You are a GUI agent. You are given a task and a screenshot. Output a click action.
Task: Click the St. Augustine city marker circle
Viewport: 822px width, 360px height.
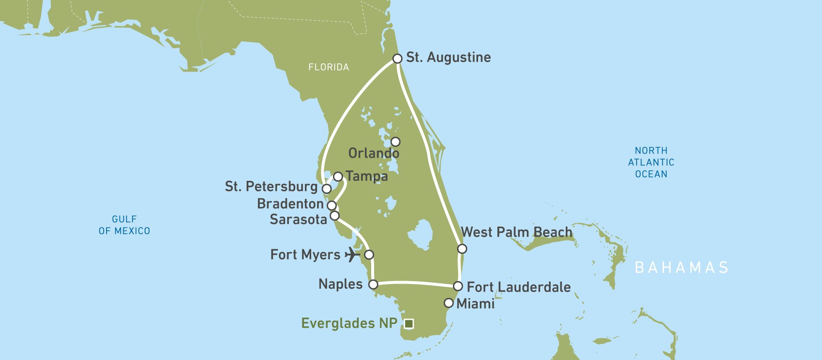[397, 58]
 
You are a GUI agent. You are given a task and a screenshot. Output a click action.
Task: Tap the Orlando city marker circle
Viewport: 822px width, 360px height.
[395, 142]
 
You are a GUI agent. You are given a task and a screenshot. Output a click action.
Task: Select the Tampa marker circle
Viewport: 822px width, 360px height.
[338, 176]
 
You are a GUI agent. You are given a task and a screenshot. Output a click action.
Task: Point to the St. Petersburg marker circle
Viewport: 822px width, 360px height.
[326, 189]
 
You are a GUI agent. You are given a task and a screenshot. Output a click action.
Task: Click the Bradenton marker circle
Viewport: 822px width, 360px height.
[332, 206]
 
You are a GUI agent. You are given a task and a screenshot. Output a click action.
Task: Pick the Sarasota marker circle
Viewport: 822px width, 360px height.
[335, 216]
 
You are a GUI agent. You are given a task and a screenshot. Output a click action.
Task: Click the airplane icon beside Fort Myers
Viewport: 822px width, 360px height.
[352, 254]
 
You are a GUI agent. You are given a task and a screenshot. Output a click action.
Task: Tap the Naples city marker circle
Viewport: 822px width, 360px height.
[373, 284]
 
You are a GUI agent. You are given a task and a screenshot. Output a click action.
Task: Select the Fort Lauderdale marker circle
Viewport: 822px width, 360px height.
[458, 287]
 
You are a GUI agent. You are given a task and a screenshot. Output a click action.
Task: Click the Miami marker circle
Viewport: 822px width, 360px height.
[449, 303]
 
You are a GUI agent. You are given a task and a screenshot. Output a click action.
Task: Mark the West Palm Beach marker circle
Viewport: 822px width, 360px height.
[462, 249]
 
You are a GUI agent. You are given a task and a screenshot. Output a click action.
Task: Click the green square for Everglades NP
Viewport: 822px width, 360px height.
[409, 323]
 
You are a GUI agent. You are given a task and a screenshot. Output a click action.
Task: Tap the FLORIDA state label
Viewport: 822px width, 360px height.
[328, 67]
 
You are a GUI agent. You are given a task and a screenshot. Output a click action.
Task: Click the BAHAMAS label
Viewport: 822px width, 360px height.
[682, 268]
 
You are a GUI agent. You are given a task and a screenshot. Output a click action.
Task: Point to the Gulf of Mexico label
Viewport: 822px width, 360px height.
[124, 225]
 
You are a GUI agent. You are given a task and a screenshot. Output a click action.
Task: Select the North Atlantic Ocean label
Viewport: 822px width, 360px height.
[651, 162]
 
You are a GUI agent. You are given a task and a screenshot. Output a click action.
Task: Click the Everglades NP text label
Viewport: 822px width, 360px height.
[349, 323]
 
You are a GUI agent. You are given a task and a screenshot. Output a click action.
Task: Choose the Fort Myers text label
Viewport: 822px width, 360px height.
[305, 255]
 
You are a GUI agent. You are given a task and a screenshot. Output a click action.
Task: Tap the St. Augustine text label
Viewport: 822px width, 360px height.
[448, 57]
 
